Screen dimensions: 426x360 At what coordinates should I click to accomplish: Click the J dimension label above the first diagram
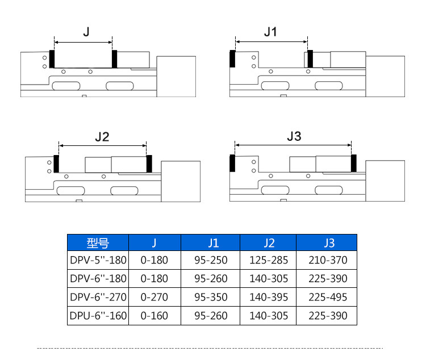pos(86,32)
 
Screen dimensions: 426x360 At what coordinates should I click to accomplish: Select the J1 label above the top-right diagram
pos(271,32)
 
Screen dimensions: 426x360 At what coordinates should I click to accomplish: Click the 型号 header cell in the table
pos(98,243)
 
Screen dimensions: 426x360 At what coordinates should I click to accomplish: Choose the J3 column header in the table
pos(328,243)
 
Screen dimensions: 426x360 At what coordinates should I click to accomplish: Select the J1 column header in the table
pos(211,243)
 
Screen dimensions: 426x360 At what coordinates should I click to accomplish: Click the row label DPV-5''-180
pos(98,261)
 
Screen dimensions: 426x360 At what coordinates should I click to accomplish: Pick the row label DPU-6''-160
pos(98,315)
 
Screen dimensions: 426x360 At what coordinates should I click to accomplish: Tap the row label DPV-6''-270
pos(98,297)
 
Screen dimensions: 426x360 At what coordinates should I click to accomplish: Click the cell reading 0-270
pos(154,297)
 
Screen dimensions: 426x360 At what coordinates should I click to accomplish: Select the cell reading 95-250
pos(211,261)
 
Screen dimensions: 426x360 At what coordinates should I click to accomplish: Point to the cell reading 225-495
pos(328,297)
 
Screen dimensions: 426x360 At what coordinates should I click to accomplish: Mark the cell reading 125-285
pos(269,261)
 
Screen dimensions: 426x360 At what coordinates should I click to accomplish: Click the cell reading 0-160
pos(154,315)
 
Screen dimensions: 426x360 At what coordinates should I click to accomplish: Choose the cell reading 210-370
pos(328,261)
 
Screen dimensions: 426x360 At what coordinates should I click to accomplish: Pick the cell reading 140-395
pos(269,297)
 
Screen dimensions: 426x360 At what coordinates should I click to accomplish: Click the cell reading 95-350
pos(211,297)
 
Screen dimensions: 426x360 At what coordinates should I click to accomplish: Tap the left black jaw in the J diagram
pos(52,58)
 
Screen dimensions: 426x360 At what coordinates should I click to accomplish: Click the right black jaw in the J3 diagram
pos(353,163)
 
